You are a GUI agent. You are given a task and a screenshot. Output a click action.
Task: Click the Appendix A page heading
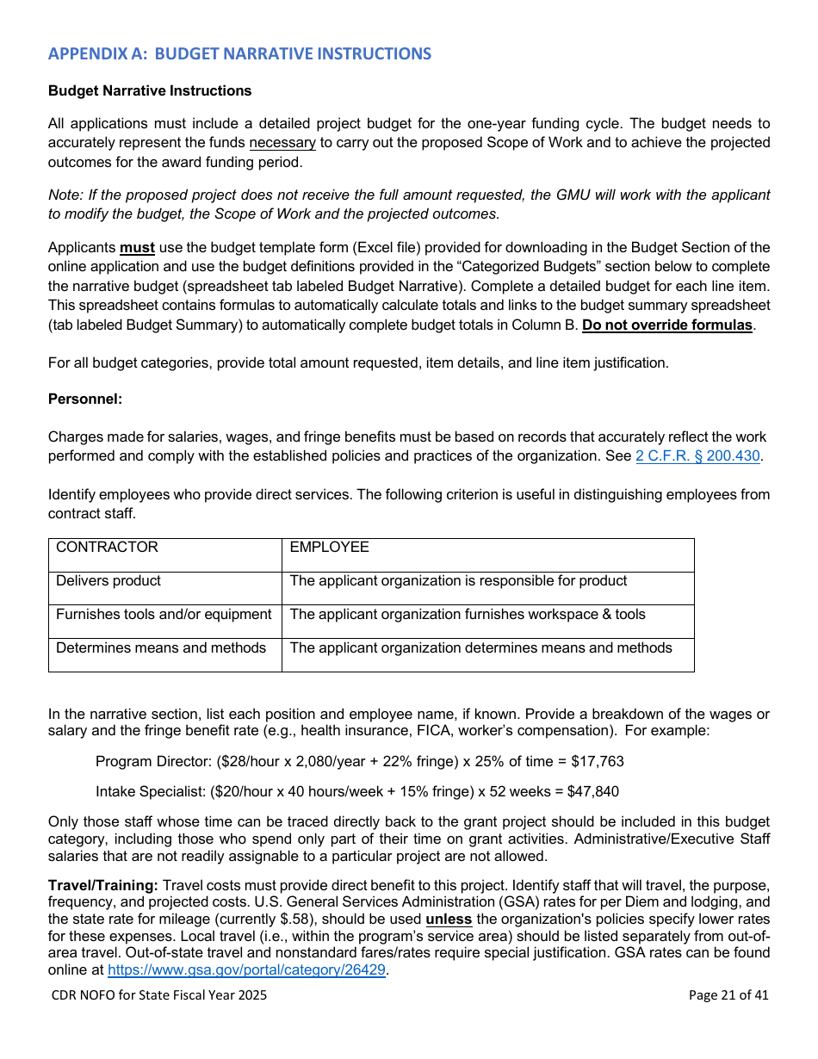(239, 54)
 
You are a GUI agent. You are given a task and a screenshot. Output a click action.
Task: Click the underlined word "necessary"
(283, 143)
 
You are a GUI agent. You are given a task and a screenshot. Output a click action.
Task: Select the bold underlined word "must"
(137, 248)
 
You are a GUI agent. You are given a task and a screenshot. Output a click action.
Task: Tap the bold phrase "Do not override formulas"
(666, 325)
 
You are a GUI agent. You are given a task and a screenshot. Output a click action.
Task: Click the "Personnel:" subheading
(85, 399)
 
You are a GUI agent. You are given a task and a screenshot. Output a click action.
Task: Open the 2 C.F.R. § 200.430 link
(697, 456)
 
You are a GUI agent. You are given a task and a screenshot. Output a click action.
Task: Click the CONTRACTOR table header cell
(107, 548)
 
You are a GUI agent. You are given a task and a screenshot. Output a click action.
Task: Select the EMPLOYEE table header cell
(329, 548)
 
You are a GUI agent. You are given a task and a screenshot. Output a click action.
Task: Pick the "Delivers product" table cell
(108, 581)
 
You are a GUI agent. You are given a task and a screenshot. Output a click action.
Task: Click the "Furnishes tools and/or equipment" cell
(164, 615)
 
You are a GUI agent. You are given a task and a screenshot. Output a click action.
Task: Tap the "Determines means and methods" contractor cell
(161, 648)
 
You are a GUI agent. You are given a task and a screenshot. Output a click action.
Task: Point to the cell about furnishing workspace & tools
(468, 615)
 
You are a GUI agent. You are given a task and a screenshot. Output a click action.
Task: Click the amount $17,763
(598, 762)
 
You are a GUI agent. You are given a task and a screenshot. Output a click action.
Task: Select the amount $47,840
(592, 791)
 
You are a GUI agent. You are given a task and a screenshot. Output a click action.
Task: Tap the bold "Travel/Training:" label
(103, 885)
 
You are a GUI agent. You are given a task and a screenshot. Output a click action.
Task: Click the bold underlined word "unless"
(448, 920)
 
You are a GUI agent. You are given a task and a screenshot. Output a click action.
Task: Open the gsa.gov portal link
(246, 970)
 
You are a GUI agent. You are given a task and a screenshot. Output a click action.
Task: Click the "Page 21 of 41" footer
(728, 995)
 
